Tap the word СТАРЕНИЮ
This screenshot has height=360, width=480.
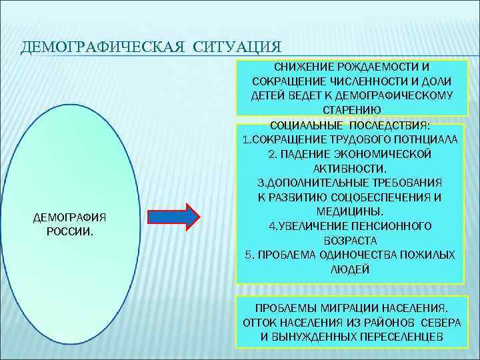(351, 109)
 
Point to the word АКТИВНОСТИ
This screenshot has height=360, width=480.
(350, 167)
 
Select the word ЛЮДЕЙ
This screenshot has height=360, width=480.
(349, 269)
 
